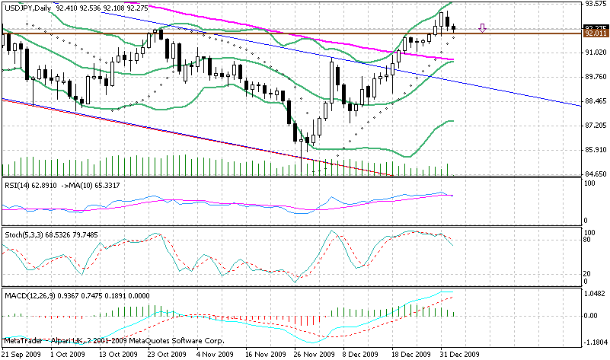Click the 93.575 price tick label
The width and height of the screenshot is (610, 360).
(x=594, y=4)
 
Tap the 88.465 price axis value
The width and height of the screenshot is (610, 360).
(x=594, y=100)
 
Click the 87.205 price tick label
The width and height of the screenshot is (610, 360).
(x=594, y=125)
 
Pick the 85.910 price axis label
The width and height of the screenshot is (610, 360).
(x=594, y=149)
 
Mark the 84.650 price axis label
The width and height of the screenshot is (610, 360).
(x=594, y=174)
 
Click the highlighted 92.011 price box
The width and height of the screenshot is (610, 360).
(x=594, y=33)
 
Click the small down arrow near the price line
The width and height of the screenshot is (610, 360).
(x=483, y=29)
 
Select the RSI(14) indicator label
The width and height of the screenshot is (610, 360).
(x=18, y=183)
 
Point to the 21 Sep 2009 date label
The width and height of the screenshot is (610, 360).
(x=21, y=354)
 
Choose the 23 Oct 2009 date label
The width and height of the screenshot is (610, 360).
(x=166, y=354)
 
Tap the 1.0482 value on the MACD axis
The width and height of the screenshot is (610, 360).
(x=594, y=293)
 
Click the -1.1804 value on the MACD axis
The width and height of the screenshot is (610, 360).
(x=594, y=342)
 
